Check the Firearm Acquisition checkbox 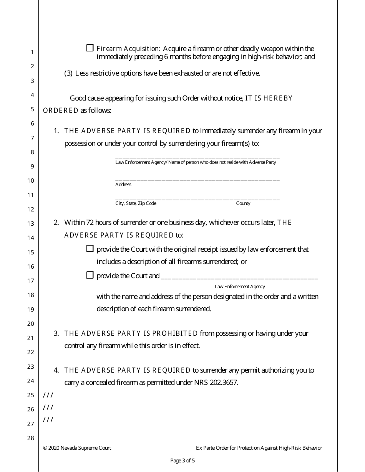click(x=90, y=48)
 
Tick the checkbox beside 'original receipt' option click(x=90, y=249)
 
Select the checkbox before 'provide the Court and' click(x=90, y=275)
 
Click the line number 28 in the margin click(x=32, y=438)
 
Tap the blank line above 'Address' click(x=197, y=179)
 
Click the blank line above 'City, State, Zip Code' click(x=197, y=198)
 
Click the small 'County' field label click(x=243, y=203)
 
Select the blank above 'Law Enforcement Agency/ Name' click(x=197, y=157)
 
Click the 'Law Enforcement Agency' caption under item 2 click(x=240, y=287)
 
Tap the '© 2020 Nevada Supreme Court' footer click(x=77, y=448)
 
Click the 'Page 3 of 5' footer click(x=182, y=460)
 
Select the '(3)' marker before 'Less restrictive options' click(x=68, y=73)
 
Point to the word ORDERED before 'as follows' click(x=61, y=111)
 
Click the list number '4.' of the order click(x=56, y=370)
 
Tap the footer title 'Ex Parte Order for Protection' click(x=259, y=448)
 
